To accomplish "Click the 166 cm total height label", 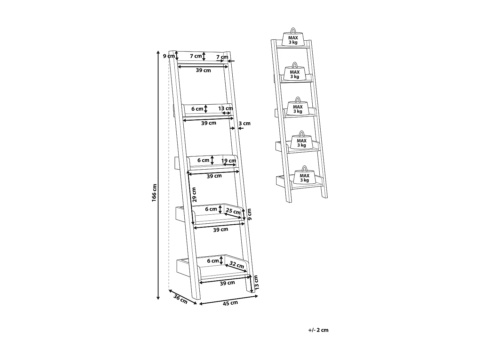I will [154, 192].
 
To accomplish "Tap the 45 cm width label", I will [230, 303].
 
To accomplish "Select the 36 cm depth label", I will [180, 299].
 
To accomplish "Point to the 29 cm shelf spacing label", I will [194, 195].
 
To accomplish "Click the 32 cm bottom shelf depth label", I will [237, 265].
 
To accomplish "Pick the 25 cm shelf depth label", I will [233, 211].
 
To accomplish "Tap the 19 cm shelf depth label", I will [229, 160].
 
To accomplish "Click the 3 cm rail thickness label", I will [245, 123].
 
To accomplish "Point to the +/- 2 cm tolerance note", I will [318, 330].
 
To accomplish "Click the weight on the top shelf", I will [293, 39].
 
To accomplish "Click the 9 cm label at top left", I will [169, 56].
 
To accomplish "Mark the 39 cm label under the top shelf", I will [204, 70].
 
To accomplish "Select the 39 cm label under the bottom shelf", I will [227, 283].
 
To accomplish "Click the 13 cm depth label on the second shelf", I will [226, 108].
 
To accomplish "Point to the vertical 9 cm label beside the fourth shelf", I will [250, 214].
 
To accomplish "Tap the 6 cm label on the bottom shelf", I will [213, 261].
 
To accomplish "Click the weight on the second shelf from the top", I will [295, 73].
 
